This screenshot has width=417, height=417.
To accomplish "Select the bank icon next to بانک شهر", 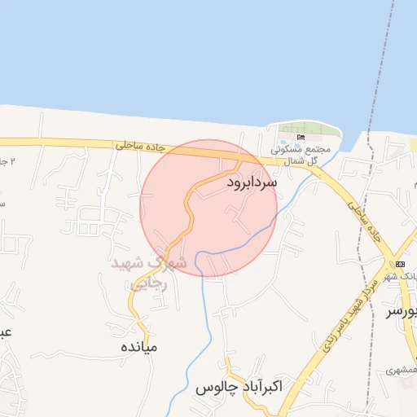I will (x=400, y=264).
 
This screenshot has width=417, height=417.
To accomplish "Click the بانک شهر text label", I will (x=407, y=277).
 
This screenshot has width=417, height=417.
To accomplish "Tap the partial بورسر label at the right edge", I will (x=402, y=312).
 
